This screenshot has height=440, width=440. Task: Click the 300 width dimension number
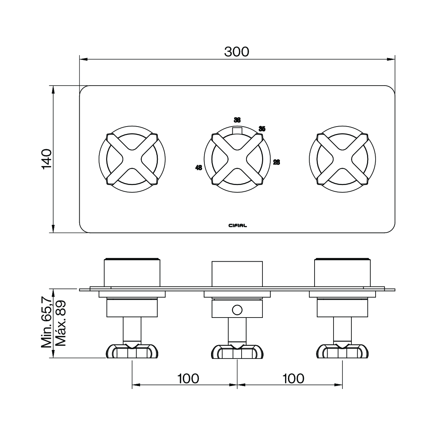coord(237,52)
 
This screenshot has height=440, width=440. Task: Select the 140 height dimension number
coord(47,159)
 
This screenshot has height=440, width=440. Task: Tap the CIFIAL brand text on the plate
coord(237,225)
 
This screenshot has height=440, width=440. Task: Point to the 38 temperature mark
coord(237,120)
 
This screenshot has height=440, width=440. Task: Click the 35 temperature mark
coord(262,129)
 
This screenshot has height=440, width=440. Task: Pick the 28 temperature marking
coord(277,162)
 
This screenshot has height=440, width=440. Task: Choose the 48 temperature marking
coord(198,168)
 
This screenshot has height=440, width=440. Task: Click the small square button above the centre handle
coord(237,130)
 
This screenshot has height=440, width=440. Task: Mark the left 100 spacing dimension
coord(188,379)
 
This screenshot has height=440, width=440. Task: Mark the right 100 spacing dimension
coord(293,379)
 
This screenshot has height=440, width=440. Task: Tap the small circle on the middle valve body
coord(237,310)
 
